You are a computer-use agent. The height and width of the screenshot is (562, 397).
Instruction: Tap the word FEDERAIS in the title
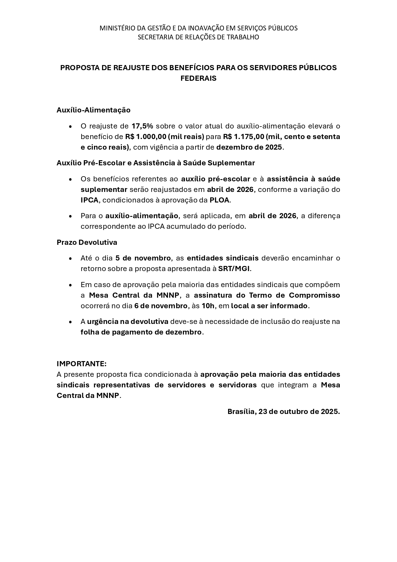click(x=198, y=78)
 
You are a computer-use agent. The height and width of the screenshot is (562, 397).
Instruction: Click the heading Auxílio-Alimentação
click(x=93, y=110)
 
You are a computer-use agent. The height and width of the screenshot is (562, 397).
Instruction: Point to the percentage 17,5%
click(x=142, y=126)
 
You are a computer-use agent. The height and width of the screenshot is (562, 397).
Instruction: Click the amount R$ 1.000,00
click(x=146, y=136)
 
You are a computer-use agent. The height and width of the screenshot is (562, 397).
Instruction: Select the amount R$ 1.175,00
click(x=243, y=136)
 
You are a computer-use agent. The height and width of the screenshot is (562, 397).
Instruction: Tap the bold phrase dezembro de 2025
click(x=249, y=147)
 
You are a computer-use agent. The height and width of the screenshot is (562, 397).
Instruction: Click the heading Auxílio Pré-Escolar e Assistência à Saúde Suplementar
click(x=155, y=163)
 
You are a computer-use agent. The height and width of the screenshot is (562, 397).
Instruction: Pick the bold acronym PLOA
click(x=219, y=200)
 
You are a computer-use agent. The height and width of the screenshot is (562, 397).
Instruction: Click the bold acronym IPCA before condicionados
click(x=90, y=200)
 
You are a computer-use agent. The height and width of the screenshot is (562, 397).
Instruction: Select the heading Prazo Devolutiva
click(x=87, y=242)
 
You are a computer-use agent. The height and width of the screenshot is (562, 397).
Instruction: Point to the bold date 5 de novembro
click(x=143, y=258)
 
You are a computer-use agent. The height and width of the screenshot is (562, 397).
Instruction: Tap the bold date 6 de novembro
click(x=161, y=306)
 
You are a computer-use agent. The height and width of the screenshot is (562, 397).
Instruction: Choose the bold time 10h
click(x=208, y=306)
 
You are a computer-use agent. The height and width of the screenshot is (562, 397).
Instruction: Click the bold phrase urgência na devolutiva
click(x=128, y=321)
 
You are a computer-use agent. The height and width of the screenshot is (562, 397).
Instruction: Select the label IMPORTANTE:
click(x=82, y=364)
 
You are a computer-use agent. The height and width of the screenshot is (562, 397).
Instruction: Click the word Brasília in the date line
click(x=241, y=411)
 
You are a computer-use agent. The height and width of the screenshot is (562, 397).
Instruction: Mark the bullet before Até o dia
click(x=70, y=258)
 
